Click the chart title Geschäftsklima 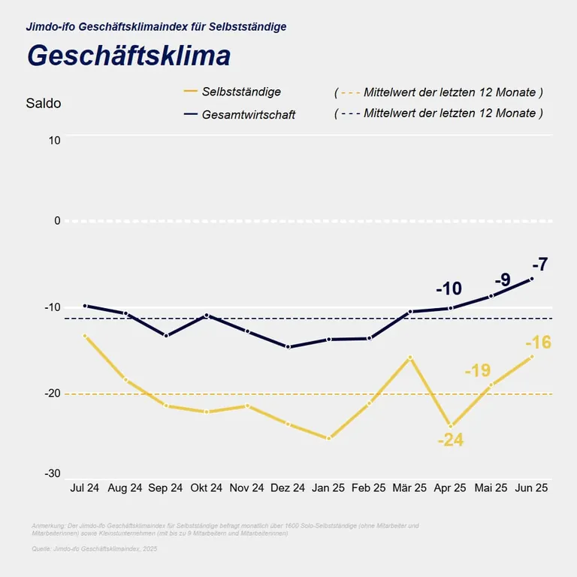click(128, 56)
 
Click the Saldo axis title click(44, 104)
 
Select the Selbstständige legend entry click(241, 92)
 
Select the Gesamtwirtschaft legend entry click(249, 115)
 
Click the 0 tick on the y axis click(56, 221)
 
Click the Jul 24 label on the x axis click(85, 488)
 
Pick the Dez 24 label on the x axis click(288, 488)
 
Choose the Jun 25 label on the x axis click(532, 488)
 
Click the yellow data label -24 click(451, 440)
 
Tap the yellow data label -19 click(477, 370)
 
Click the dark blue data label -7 click(539, 264)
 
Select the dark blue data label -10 click(449, 288)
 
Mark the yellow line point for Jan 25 click(328, 438)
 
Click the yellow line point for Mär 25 click(410, 358)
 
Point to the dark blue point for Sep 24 click(166, 336)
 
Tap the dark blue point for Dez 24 click(288, 347)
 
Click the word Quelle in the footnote click(42, 549)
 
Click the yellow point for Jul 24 click(85, 336)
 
